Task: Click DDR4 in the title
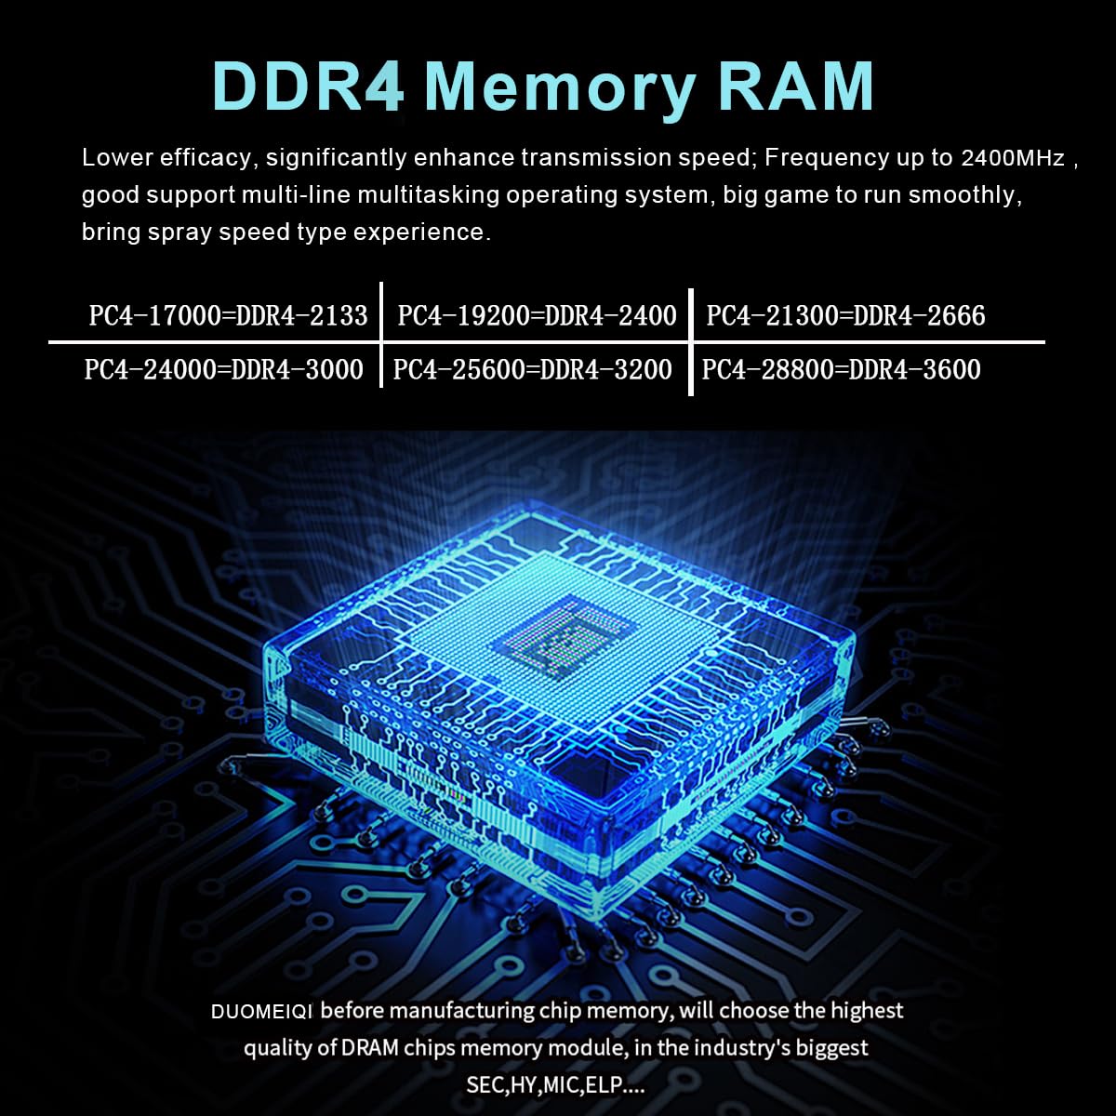(x=309, y=86)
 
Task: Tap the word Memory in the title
(x=560, y=86)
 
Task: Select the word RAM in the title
(x=797, y=86)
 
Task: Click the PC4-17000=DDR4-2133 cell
(x=229, y=315)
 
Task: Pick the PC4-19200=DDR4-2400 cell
(x=537, y=315)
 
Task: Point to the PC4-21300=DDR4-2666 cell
(x=845, y=315)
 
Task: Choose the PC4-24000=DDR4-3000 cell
(x=224, y=369)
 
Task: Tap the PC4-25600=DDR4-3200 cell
(x=532, y=369)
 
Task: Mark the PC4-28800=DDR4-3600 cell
(x=841, y=369)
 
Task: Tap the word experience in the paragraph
(x=420, y=232)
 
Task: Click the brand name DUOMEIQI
(x=262, y=1012)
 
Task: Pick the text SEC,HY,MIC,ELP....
(x=555, y=1085)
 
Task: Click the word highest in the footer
(x=867, y=1010)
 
